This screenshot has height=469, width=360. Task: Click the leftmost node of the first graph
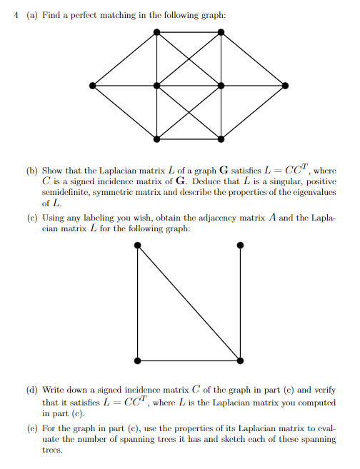(x=92, y=86)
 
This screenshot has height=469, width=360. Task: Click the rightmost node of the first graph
(x=286, y=86)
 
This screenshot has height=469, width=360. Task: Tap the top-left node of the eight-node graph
(x=157, y=32)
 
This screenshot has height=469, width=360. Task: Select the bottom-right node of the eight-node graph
(x=221, y=138)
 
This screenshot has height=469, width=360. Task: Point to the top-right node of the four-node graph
(x=240, y=245)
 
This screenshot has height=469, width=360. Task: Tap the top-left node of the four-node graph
(x=137, y=245)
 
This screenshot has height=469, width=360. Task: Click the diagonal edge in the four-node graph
(x=189, y=302)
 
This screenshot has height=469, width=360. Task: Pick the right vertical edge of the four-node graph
(x=240, y=302)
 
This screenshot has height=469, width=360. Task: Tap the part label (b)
(x=32, y=171)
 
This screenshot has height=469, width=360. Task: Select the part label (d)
(x=32, y=390)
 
